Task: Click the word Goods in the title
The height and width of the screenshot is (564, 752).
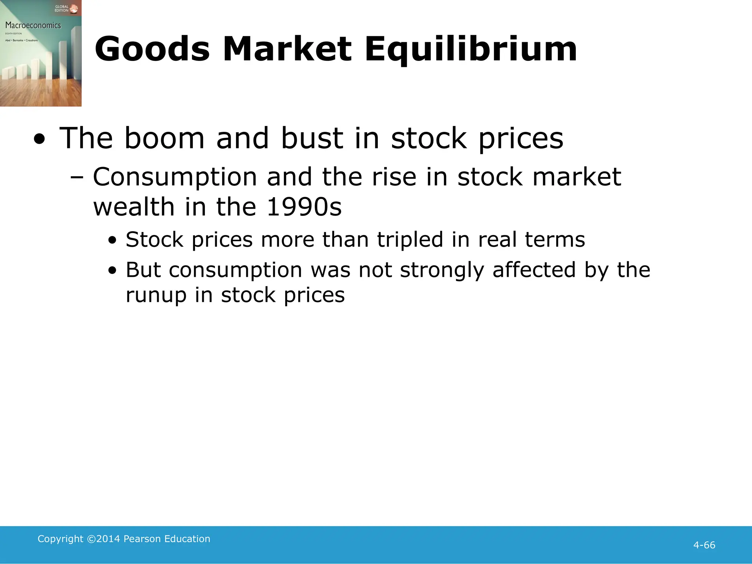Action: tap(152, 49)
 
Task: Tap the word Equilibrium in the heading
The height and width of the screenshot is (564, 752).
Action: tap(471, 50)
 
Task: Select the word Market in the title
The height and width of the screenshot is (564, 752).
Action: tap(287, 49)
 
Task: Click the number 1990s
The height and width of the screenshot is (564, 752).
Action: tap(304, 207)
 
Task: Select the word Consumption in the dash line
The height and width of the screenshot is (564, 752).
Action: tap(175, 177)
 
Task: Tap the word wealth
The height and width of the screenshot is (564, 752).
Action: tap(134, 207)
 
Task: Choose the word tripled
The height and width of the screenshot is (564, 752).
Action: tap(410, 240)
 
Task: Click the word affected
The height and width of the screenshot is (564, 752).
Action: tap(534, 270)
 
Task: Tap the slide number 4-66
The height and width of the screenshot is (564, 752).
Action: tap(704, 545)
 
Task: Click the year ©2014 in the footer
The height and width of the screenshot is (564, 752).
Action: tap(104, 539)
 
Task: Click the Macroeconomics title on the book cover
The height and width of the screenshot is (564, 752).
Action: tap(33, 25)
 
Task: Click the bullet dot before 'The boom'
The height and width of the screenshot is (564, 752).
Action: tap(40, 139)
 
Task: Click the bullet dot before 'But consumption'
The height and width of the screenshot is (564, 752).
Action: tap(112, 271)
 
